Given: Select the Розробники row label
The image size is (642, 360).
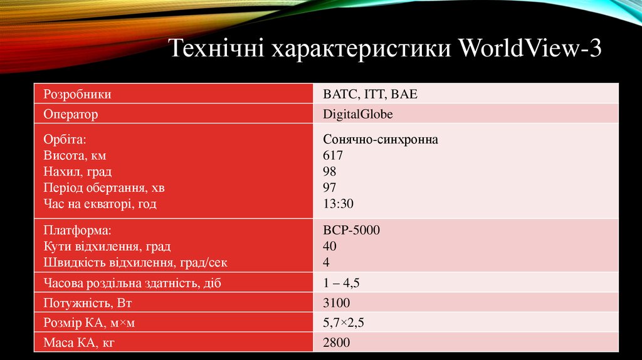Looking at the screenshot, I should [x=77, y=95].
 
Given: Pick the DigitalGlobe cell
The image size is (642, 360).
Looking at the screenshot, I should [x=358, y=114].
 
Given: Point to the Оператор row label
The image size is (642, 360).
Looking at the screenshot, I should [x=71, y=114].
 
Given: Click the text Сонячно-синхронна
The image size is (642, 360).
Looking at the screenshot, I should [x=381, y=140].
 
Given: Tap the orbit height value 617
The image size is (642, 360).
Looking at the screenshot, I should [x=333, y=156].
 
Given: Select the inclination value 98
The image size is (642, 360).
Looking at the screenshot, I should [x=330, y=171].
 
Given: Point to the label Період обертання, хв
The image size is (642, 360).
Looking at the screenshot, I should [x=104, y=188].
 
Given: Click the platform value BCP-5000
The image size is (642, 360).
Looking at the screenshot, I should [x=351, y=230].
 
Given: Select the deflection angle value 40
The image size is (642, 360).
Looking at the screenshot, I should [x=330, y=246].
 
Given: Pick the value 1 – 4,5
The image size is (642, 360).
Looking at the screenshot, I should [x=341, y=283].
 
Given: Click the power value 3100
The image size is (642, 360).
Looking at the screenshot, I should [x=336, y=304].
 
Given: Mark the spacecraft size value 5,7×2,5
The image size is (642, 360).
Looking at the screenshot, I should [x=344, y=323].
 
